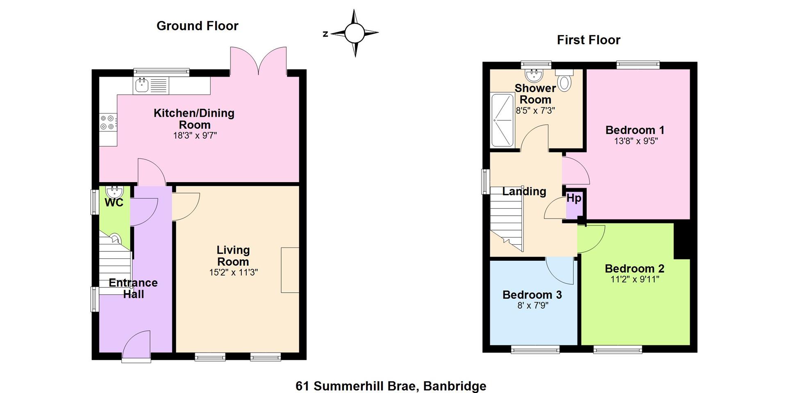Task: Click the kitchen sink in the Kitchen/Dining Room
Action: click(x=150, y=85)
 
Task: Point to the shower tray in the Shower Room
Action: click(x=503, y=120)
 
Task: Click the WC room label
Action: click(x=114, y=203)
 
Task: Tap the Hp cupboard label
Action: click(x=574, y=199)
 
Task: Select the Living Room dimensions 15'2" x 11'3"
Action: click(x=233, y=272)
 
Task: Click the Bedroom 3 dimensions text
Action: click(x=532, y=305)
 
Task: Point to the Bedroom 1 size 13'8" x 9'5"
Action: click(x=636, y=141)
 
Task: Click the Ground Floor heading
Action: click(x=198, y=26)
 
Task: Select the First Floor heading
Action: click(x=589, y=40)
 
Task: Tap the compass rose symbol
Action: click(x=355, y=33)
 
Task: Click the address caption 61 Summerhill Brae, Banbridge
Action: click(x=391, y=386)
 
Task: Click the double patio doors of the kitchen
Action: click(x=258, y=61)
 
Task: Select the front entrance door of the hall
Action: click(x=136, y=346)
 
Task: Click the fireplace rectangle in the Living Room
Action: click(x=290, y=270)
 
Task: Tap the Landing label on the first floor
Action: click(x=524, y=191)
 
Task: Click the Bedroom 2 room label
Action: click(x=635, y=269)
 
